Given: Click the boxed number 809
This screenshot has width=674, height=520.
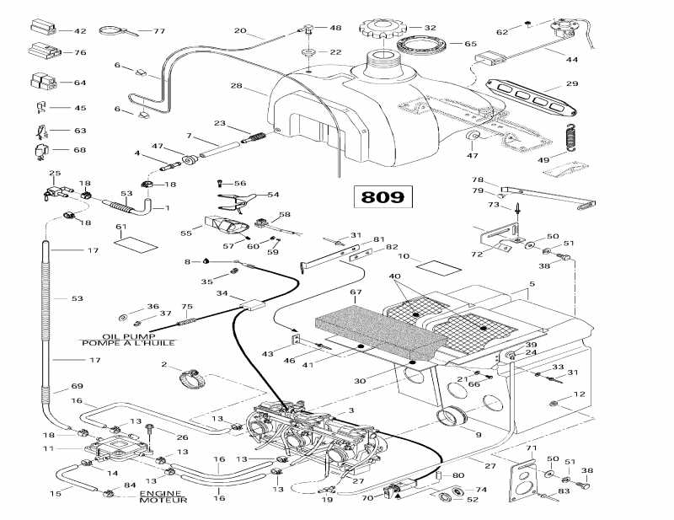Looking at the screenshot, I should click(382, 197).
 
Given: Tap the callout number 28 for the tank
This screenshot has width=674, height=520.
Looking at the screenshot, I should click(236, 86).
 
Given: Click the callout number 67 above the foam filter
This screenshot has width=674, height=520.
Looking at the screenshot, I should click(356, 292).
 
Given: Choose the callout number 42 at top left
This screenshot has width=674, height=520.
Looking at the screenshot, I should click(80, 31).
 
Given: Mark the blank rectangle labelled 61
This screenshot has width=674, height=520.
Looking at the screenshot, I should click(136, 244).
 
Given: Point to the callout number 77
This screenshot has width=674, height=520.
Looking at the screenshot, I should click(158, 31).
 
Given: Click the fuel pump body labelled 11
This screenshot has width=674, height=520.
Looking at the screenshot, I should click(118, 444).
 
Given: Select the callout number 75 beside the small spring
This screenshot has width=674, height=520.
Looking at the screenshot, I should click(187, 308).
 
